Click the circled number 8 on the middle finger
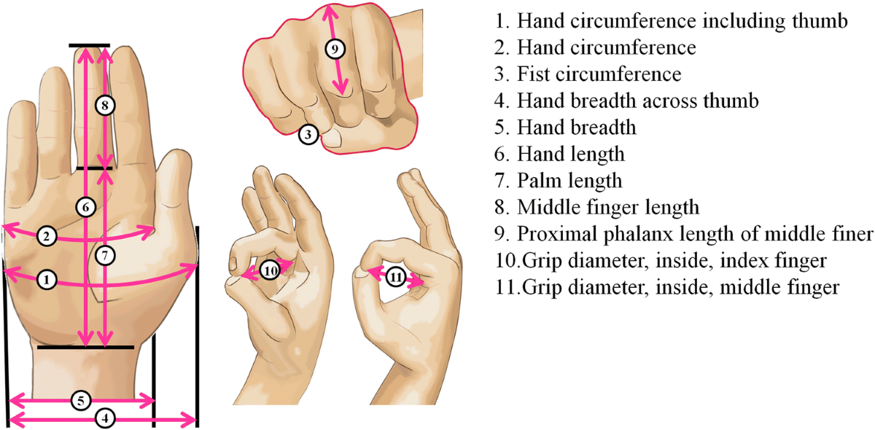click(x=105, y=105)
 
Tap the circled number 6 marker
click(x=85, y=207)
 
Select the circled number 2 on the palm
click(x=47, y=236)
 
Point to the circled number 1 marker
click(x=47, y=280)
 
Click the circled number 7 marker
click(x=105, y=256)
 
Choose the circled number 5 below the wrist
click(x=81, y=401)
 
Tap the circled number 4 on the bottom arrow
click(x=105, y=418)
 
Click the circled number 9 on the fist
click(x=335, y=50)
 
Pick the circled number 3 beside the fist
click(x=308, y=134)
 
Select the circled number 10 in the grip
click(x=271, y=270)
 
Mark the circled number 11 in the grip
click(x=396, y=277)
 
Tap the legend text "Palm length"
click(x=569, y=181)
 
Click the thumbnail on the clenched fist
click(x=333, y=138)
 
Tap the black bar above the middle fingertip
click(x=90, y=46)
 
